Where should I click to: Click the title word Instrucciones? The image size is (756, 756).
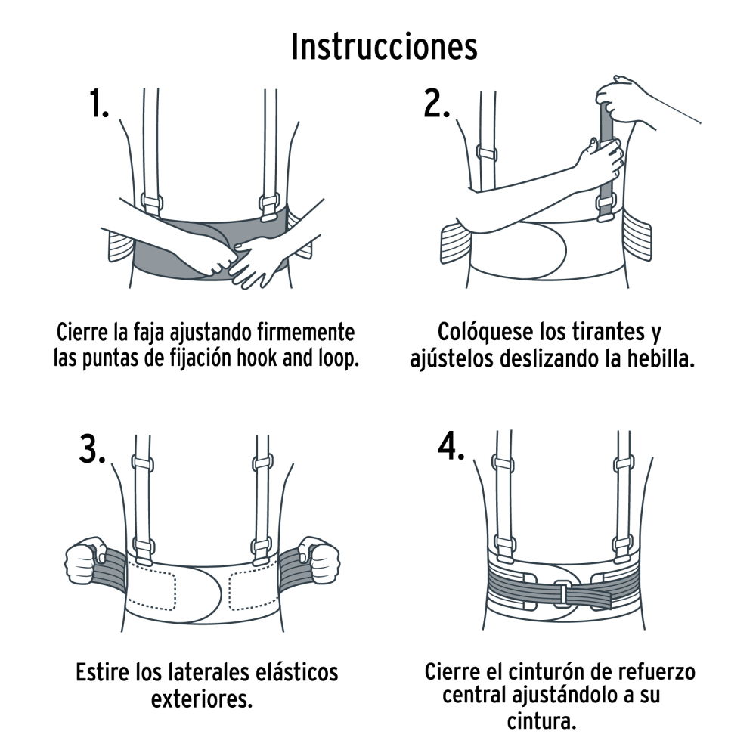384,47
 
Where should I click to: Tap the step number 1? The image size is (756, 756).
99,104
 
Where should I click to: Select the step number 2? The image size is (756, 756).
436,104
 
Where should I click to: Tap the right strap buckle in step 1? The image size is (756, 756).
268,205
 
